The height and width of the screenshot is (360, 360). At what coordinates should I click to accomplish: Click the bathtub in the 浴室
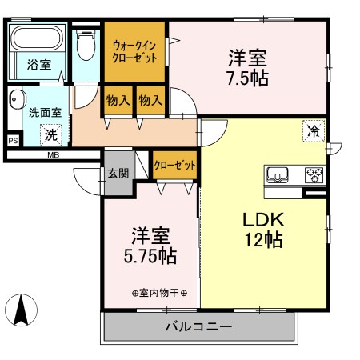tap(38, 38)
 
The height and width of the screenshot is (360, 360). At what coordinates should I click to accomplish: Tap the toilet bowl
tap(86, 45)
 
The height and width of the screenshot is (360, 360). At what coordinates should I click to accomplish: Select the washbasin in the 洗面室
tap(17, 99)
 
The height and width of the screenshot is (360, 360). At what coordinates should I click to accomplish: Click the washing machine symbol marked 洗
tap(51, 135)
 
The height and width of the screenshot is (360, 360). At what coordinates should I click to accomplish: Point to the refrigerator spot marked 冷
tap(314, 131)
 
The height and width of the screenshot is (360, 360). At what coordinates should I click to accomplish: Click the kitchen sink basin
tap(278, 175)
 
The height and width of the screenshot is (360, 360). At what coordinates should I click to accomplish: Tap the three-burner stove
tap(314, 175)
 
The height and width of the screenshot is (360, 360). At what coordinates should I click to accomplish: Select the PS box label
tap(13, 140)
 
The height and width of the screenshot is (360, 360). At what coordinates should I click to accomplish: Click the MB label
tap(54, 155)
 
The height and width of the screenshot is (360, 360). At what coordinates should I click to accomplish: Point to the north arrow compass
tap(22, 310)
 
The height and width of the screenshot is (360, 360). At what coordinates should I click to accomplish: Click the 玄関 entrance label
tap(118, 174)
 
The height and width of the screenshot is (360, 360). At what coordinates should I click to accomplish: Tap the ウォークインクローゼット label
tap(134, 52)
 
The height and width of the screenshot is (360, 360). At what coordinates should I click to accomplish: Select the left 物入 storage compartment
tap(117, 102)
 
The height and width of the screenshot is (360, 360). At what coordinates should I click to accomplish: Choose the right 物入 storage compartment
tap(150, 102)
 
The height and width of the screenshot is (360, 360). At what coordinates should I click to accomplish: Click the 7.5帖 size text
tap(247, 78)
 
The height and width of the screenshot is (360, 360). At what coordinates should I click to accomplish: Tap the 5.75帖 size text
tap(150, 256)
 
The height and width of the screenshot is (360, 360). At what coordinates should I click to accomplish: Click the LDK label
tap(263, 220)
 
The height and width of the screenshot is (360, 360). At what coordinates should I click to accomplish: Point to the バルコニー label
tap(198, 326)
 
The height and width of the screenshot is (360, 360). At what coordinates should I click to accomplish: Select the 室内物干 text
tap(159, 293)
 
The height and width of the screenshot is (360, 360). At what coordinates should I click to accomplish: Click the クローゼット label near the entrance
tap(175, 166)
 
